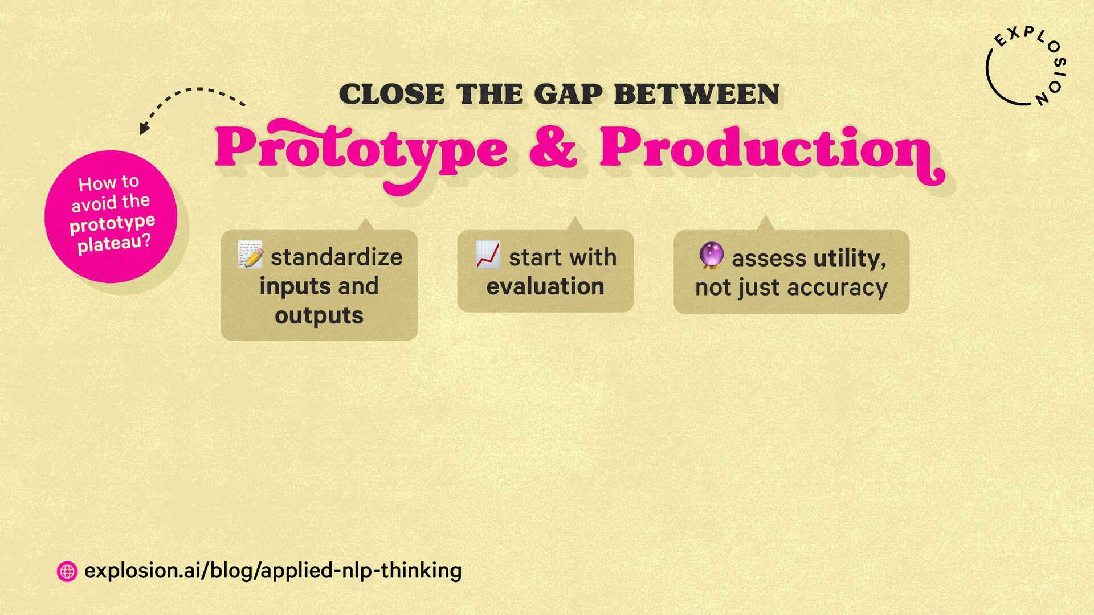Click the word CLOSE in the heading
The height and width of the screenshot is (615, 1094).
[x=392, y=95]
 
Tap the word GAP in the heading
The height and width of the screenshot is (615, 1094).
[x=568, y=95]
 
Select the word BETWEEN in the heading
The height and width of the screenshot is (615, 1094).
[x=696, y=95]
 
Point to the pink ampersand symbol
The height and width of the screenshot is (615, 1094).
[x=553, y=147]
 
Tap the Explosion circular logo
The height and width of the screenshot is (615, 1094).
[x=1026, y=67]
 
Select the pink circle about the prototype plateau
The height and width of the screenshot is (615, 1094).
[x=111, y=216]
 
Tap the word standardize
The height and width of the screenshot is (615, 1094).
[x=337, y=257]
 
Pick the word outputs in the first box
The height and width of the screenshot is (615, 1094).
[x=319, y=316]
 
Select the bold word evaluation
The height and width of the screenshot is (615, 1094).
[x=545, y=286]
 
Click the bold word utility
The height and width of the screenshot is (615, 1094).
[x=850, y=259]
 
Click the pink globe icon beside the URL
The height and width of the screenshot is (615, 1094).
[x=67, y=571]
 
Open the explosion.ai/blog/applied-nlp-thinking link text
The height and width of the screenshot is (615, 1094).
[x=273, y=571]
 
